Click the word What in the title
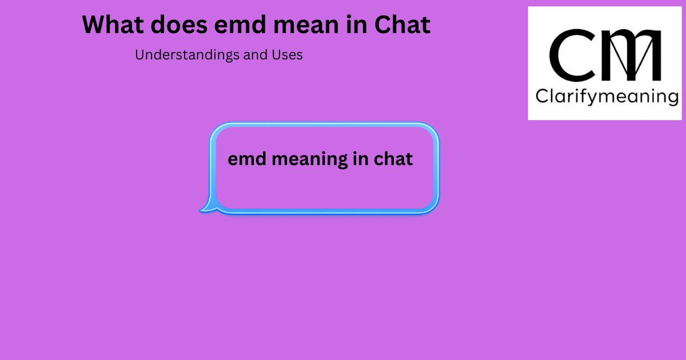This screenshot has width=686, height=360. point(113,25)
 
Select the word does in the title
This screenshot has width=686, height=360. point(179,25)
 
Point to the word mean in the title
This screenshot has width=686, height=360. point(306,26)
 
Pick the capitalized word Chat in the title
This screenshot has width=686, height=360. point(402,25)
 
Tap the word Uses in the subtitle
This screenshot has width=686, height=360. point(287,55)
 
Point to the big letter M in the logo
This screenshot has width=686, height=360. point(632,55)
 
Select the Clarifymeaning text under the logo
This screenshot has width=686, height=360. point(607,97)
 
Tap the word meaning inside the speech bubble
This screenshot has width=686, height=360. point(309,160)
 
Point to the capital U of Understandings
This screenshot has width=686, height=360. point(139,55)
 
